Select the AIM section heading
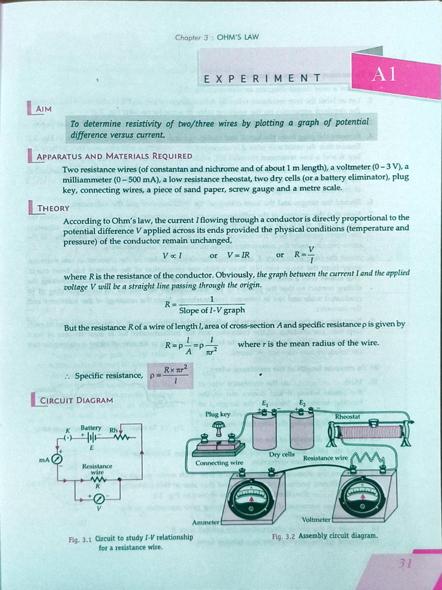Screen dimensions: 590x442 [43, 108]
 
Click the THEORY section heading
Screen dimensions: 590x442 [53, 208]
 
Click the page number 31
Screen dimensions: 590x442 [406, 563]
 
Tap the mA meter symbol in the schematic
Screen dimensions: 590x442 [56, 459]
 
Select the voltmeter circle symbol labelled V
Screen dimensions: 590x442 [98, 497]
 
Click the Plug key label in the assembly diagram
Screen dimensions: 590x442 [218, 414]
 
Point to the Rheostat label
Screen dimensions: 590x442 [348, 416]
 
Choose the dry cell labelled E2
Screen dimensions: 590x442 [302, 431]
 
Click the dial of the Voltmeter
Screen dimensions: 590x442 [361, 496]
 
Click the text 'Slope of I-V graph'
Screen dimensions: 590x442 [212, 310]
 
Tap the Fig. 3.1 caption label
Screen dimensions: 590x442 [80, 539]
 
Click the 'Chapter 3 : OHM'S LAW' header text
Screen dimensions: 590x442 [217, 38]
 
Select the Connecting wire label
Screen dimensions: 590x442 [219, 463]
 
